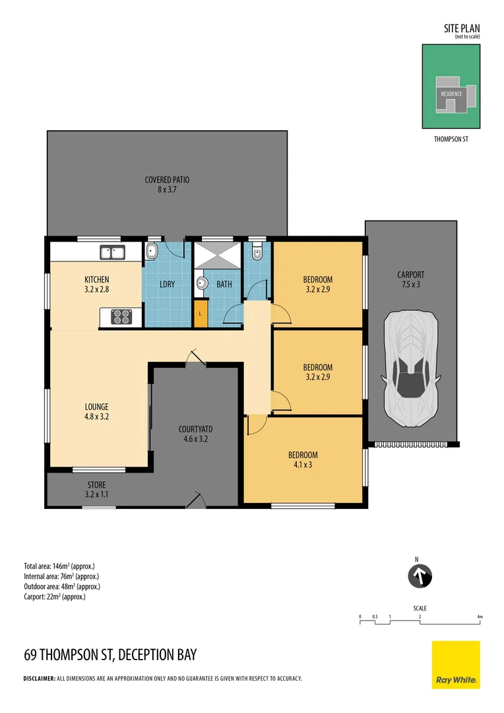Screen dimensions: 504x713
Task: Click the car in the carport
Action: click(x=412, y=369)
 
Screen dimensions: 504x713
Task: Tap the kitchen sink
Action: click(x=112, y=252)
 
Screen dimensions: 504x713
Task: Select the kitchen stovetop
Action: click(x=121, y=316)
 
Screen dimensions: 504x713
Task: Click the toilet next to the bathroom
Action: click(x=257, y=254)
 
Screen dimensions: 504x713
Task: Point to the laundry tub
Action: click(x=152, y=252)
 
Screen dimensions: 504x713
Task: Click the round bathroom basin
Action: click(x=201, y=284)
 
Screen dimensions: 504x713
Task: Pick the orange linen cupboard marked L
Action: click(x=201, y=314)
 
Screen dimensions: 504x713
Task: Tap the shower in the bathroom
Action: click(x=217, y=255)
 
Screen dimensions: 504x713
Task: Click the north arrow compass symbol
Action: click(x=420, y=576)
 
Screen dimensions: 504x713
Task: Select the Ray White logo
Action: click(x=456, y=665)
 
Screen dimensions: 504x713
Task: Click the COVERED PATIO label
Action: click(x=167, y=180)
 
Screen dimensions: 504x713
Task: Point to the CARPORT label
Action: click(x=411, y=275)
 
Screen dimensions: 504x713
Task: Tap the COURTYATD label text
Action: click(x=195, y=429)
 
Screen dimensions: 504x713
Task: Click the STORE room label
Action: click(x=97, y=485)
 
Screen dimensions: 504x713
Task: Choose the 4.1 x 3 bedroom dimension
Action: click(x=303, y=465)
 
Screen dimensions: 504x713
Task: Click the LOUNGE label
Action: click(x=97, y=407)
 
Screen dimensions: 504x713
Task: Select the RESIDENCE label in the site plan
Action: click(x=451, y=94)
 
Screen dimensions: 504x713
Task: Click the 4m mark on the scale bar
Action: click(x=480, y=617)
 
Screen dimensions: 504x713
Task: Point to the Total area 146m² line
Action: click(x=59, y=566)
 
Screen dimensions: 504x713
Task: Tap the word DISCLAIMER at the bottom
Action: click(x=39, y=679)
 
